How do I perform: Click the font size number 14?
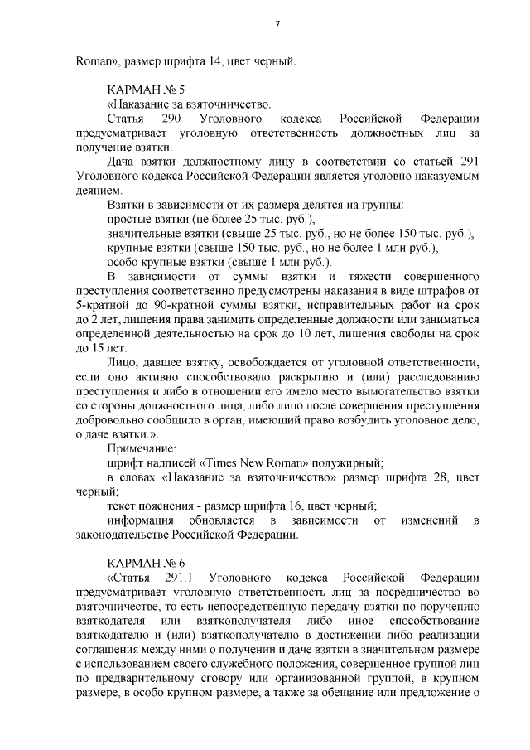tap(216, 59)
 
